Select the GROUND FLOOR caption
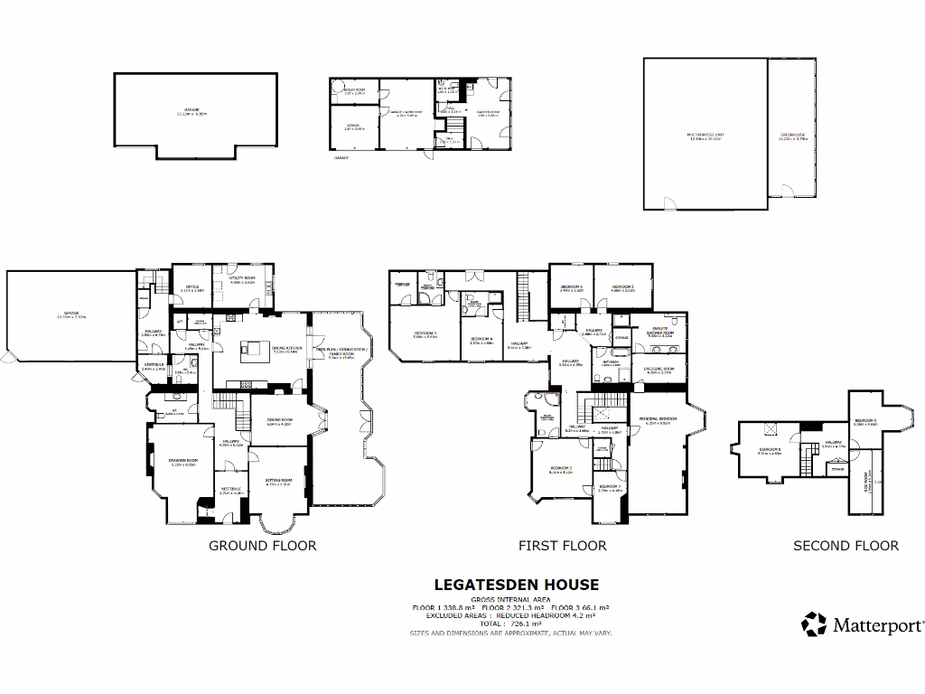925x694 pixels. (263, 546)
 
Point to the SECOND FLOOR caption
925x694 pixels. (846, 546)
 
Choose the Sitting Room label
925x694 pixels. (278, 482)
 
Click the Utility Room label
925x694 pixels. (243, 280)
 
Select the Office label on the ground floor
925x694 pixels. (192, 288)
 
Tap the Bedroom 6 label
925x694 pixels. (571, 288)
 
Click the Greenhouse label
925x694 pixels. (792, 136)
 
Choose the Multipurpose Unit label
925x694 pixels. (706, 136)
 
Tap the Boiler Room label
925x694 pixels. (353, 91)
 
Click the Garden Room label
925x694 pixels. (489, 113)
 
